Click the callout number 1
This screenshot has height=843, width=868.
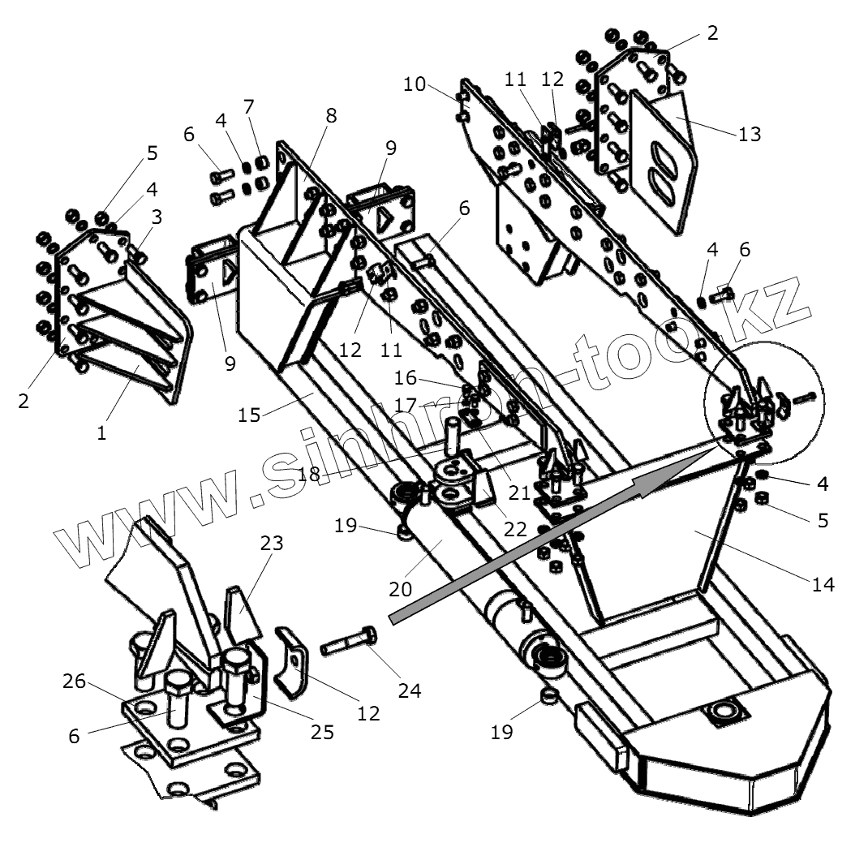101,433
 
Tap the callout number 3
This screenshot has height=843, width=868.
156,217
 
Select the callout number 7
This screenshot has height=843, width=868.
248,106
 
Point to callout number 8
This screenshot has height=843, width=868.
330,115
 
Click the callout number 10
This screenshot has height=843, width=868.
414,84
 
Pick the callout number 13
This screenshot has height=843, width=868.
750,134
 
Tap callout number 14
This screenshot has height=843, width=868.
823,584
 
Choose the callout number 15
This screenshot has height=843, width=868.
250,414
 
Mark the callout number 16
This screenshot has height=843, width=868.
406,378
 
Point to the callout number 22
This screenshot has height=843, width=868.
514,529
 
